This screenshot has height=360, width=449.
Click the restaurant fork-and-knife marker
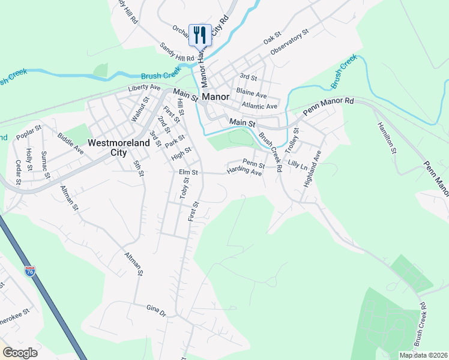click(x=200, y=35)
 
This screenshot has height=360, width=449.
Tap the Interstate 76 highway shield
click(x=30, y=271)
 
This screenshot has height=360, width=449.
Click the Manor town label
click(x=216, y=96)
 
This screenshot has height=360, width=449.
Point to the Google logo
click(x=20, y=353)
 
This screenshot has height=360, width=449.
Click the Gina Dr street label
click(x=155, y=310)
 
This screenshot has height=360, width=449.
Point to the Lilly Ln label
click(x=297, y=163)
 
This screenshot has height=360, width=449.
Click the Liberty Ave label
click(x=145, y=88)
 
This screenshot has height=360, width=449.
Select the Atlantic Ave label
click(x=260, y=106)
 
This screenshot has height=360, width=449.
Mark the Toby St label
click(x=184, y=188)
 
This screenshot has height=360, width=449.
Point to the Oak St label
click(x=273, y=40)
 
